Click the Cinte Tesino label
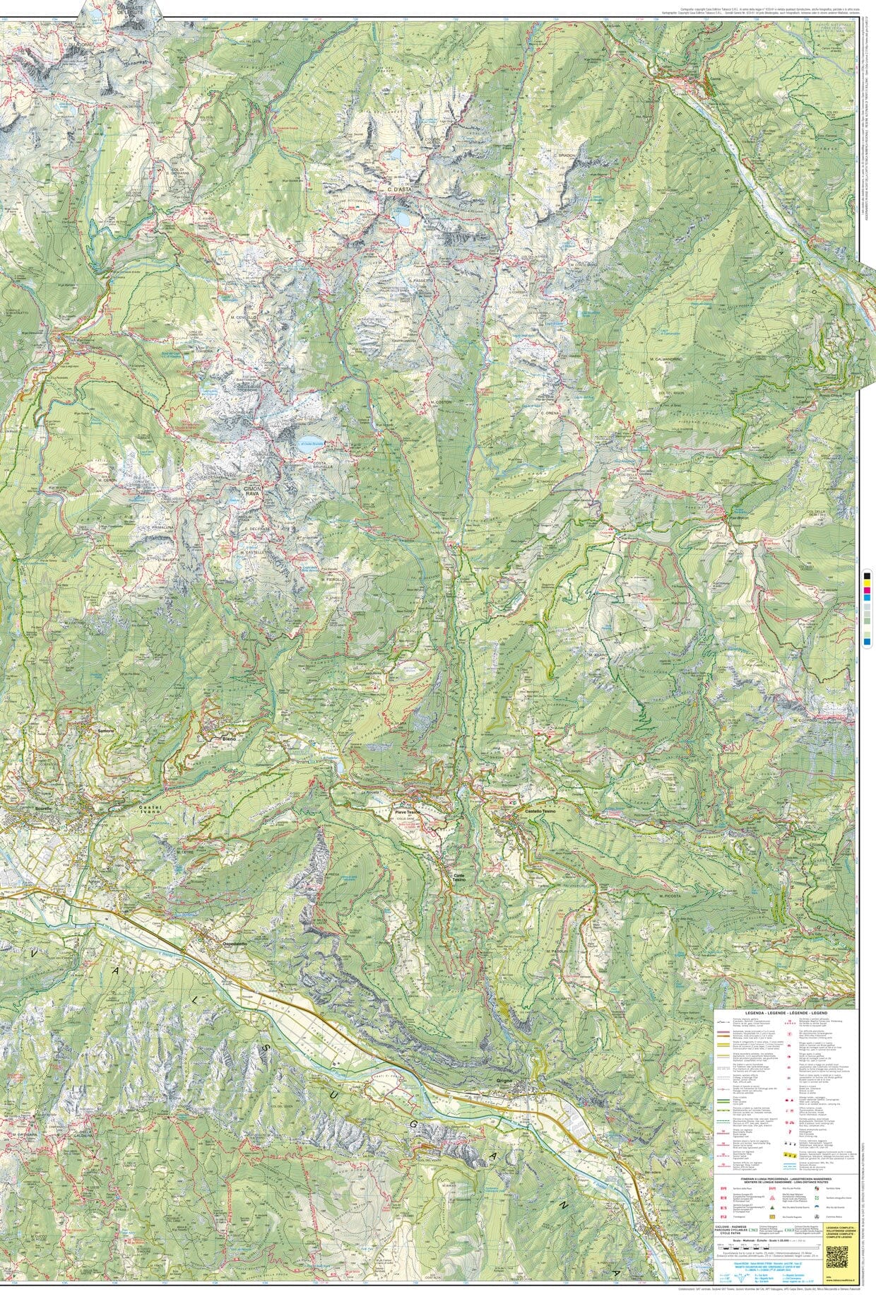(460, 874)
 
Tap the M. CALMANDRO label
(665, 360)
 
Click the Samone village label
(106, 729)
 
